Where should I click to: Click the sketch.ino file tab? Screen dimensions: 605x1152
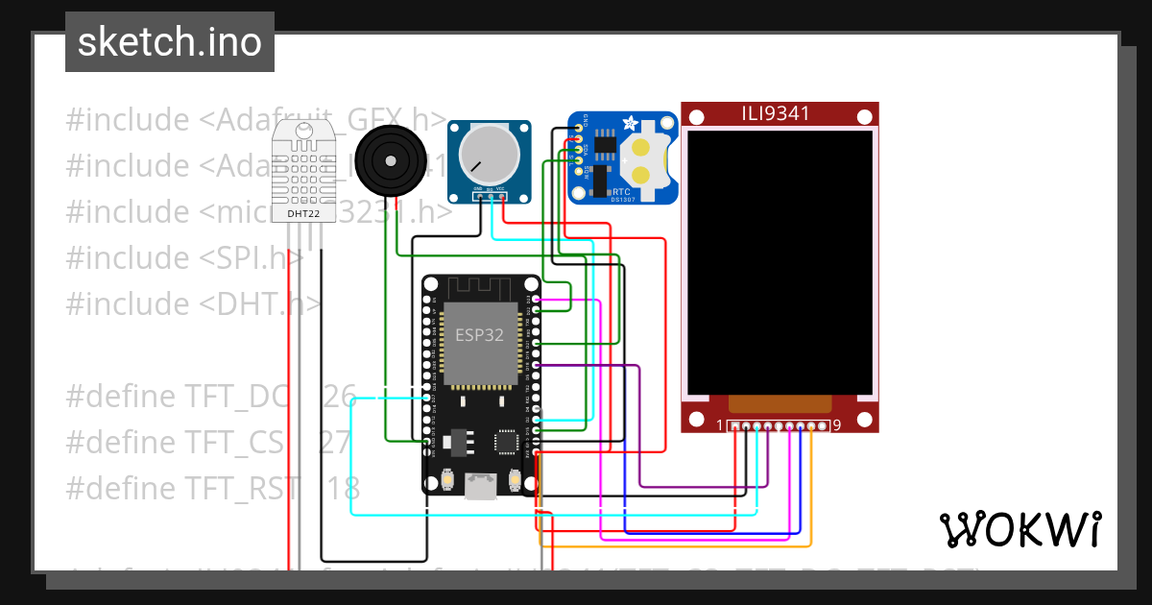click(170, 42)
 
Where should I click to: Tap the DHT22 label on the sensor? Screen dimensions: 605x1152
click(303, 213)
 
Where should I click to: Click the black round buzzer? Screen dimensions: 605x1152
click(388, 162)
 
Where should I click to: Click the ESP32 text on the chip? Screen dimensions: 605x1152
click(479, 335)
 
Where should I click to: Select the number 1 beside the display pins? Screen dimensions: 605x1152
click(720, 424)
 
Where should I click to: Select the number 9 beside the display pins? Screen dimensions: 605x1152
click(837, 424)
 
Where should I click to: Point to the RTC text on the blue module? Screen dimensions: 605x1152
click(621, 191)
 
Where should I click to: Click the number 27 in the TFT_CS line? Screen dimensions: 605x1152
click(334, 442)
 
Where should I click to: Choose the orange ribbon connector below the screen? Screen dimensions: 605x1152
click(779, 403)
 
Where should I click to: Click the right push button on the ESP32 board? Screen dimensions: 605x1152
click(515, 478)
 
